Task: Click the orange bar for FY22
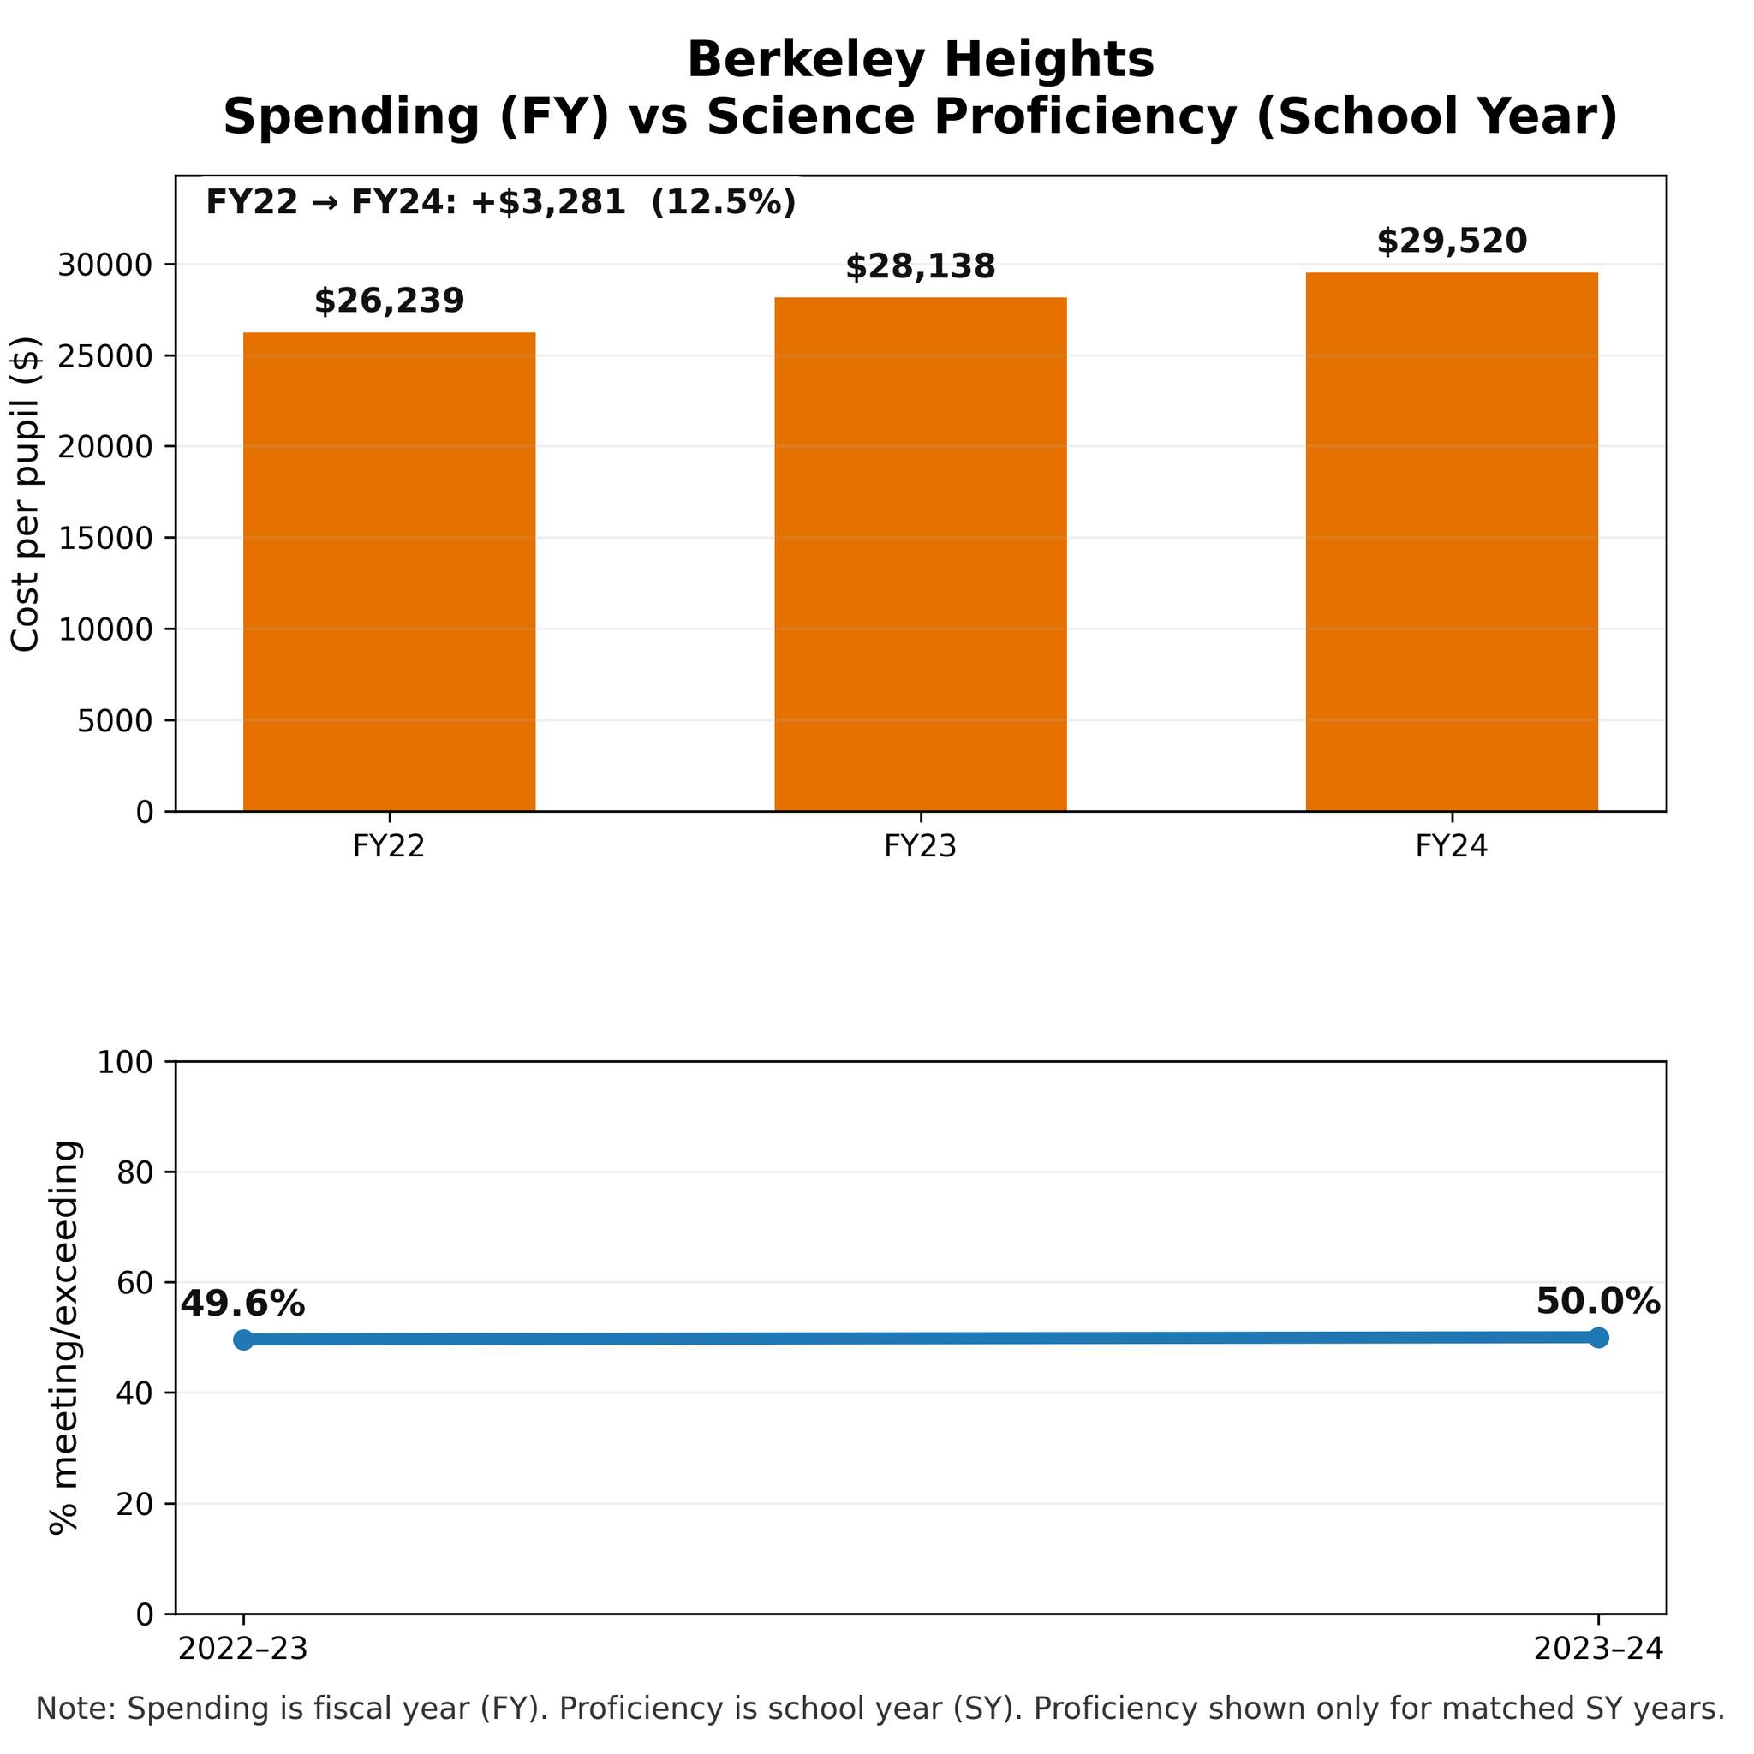(x=390, y=572)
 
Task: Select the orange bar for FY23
(x=921, y=554)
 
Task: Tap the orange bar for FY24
(x=1452, y=542)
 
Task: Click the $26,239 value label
(x=390, y=301)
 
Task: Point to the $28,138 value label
(x=921, y=267)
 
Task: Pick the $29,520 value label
(x=1452, y=242)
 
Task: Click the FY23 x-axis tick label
(x=921, y=847)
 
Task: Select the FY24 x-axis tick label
(x=1452, y=847)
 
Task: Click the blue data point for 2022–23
(x=243, y=1340)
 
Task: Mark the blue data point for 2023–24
(x=1599, y=1337)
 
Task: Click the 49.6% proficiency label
(x=242, y=1304)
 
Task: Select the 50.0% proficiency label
(x=1598, y=1302)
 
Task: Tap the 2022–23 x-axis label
(x=243, y=1649)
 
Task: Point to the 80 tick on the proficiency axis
(x=135, y=1173)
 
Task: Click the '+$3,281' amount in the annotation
(x=548, y=201)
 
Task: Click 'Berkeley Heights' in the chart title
(x=921, y=61)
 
